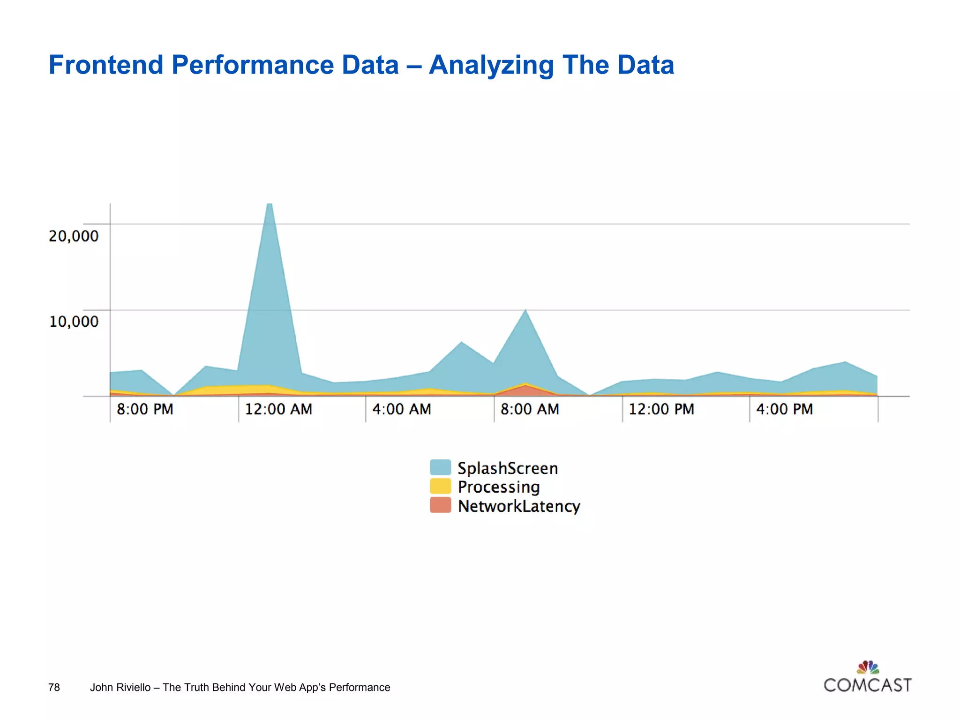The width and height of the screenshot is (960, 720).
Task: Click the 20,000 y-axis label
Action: click(x=74, y=236)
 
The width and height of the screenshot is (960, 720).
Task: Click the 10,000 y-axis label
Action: click(x=74, y=322)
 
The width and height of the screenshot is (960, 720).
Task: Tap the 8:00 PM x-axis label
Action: click(x=145, y=409)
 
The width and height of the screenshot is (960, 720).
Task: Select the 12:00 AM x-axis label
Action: click(x=278, y=409)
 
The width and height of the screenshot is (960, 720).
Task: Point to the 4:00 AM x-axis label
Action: click(x=402, y=409)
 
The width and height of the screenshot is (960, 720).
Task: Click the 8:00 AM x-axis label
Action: click(x=530, y=409)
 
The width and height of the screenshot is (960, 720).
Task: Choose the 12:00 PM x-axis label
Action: click(x=661, y=409)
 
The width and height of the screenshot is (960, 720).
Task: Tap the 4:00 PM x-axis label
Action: click(x=784, y=409)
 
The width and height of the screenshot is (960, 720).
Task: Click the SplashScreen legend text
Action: click(x=508, y=468)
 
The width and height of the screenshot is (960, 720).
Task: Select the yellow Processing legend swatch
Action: click(x=440, y=486)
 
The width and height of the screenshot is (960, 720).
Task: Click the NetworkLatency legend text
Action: click(x=519, y=506)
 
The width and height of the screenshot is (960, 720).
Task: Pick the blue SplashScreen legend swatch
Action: click(x=440, y=467)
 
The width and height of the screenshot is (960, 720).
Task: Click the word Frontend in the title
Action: click(x=105, y=65)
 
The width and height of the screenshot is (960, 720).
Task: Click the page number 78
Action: click(x=54, y=687)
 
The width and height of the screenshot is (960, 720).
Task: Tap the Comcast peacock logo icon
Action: click(x=868, y=667)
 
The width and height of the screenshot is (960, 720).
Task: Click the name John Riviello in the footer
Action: click(x=120, y=687)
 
